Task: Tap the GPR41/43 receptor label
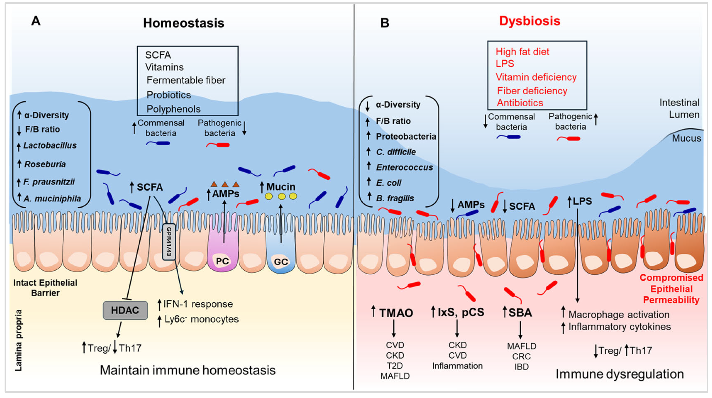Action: coord(169,242)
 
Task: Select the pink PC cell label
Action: coord(222,261)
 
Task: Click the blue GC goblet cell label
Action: coord(281,262)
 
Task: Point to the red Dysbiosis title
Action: coord(529,21)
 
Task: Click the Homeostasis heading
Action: coord(184,23)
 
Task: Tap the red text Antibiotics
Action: coord(520,103)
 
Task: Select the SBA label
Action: coord(520,313)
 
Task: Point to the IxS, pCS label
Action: coord(461,312)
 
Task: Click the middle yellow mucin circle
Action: coord(282,197)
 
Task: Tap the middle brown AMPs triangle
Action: coord(225,184)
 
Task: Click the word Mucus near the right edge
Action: coord(686,138)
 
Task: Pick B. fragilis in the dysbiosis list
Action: coord(395,198)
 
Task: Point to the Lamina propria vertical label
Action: coord(18,340)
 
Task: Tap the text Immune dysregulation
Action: coord(619,374)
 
